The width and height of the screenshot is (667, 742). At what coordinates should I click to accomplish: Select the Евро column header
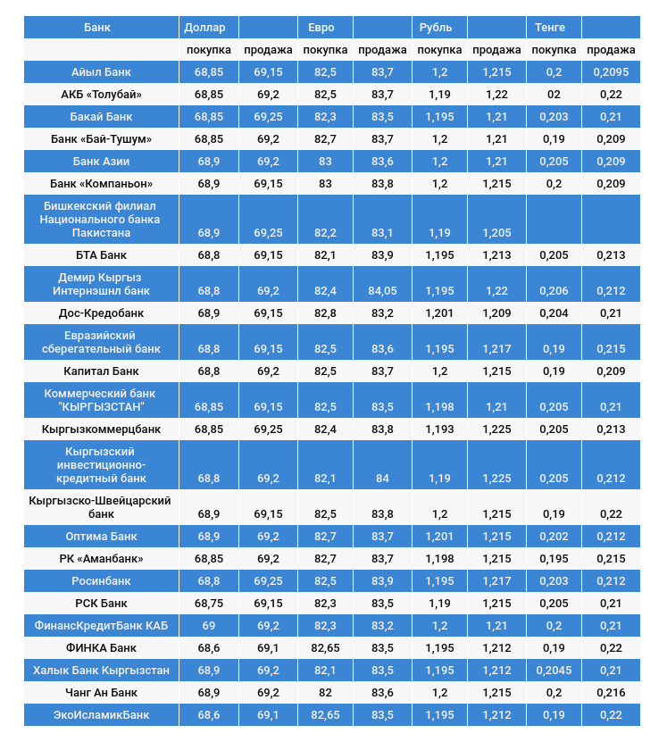click(x=321, y=27)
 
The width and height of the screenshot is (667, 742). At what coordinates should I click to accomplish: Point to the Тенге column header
click(x=550, y=27)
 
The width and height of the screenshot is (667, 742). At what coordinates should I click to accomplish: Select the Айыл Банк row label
click(x=101, y=72)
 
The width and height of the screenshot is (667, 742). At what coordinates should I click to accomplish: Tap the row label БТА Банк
click(x=101, y=255)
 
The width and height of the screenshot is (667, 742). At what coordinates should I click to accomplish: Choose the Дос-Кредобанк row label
click(x=101, y=313)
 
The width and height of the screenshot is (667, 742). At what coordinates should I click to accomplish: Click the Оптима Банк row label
click(x=101, y=537)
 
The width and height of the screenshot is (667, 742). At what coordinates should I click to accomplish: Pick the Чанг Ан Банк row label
click(x=101, y=693)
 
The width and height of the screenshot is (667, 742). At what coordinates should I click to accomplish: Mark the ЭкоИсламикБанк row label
click(x=101, y=715)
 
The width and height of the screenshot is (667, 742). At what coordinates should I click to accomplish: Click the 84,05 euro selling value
click(x=382, y=291)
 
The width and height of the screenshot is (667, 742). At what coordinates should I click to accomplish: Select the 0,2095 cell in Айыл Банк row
click(x=611, y=72)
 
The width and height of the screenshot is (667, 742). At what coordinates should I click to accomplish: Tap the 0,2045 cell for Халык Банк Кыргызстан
click(x=554, y=671)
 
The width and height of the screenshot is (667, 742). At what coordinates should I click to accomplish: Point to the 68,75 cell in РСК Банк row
click(x=208, y=604)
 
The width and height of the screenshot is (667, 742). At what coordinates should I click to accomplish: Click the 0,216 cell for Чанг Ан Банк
click(x=611, y=693)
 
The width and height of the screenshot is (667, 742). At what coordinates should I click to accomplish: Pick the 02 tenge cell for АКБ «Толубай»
click(x=554, y=95)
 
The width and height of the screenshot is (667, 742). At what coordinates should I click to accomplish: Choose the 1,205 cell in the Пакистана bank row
click(x=496, y=233)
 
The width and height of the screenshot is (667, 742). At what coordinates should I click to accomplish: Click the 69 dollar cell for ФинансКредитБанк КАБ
click(x=208, y=626)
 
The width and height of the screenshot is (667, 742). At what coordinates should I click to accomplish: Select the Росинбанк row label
click(x=101, y=581)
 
